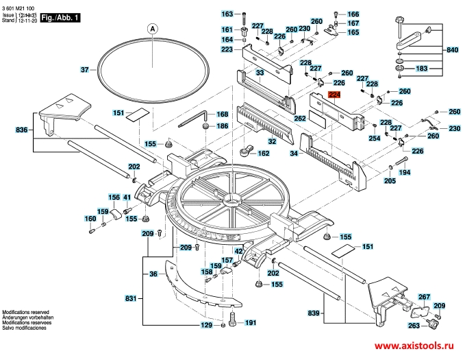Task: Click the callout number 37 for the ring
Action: coord(84,70)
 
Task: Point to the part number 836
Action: coord(21,130)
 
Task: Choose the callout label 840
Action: coord(451,51)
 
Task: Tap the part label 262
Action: coord(300,119)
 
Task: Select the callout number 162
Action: coord(263,154)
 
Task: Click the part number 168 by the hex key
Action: coord(222,115)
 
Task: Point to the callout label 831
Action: coord(131,298)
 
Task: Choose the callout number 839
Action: coord(314,313)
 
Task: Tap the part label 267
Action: coord(424,297)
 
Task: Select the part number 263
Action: coord(414,326)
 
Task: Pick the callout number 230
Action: coord(454,129)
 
